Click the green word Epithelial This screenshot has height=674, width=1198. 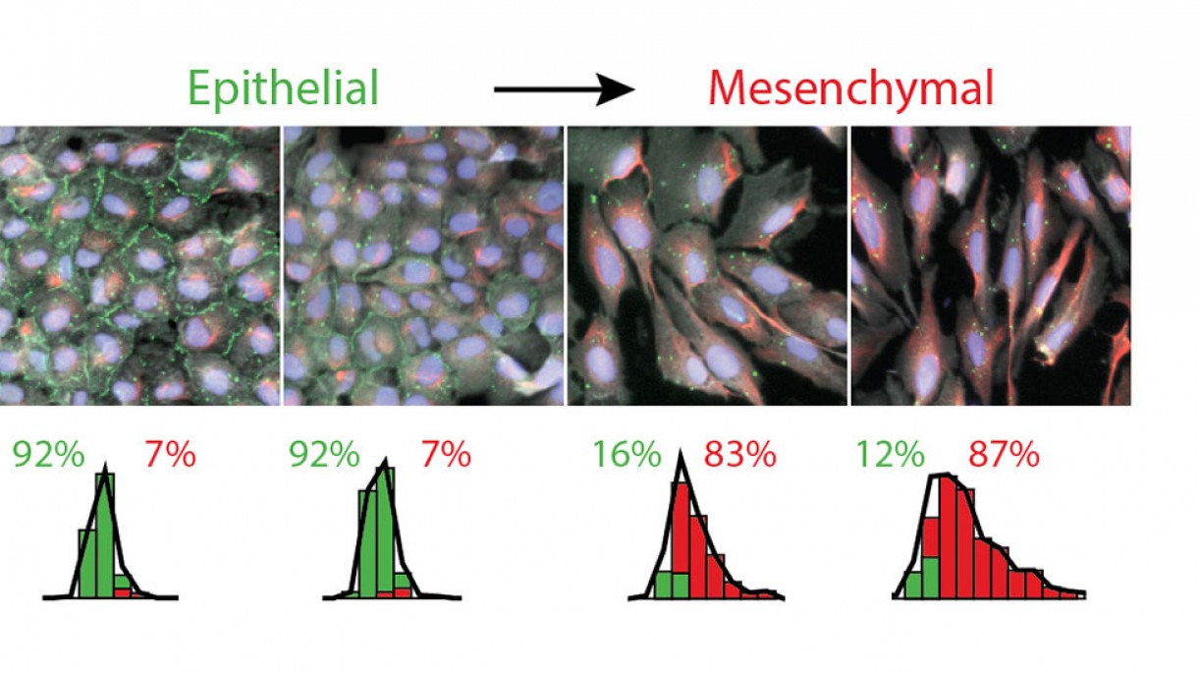click(283, 89)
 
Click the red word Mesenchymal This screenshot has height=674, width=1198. click(850, 89)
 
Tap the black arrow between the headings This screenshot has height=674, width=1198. click(564, 91)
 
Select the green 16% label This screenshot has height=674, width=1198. click(626, 455)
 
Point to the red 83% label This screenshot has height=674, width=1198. click(739, 455)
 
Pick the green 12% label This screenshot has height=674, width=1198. click(890, 455)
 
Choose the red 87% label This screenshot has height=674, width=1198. click(1004, 455)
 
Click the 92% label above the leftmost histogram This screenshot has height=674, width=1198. click(47, 455)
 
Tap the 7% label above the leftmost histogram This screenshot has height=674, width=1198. click(170, 455)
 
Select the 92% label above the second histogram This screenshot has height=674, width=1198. click(323, 455)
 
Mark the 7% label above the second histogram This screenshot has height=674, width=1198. click(445, 455)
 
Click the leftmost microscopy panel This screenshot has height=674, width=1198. click(139, 265)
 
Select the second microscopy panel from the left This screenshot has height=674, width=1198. click(423, 265)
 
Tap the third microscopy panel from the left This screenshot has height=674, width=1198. click(707, 265)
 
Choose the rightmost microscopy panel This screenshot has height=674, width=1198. click(990, 265)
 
